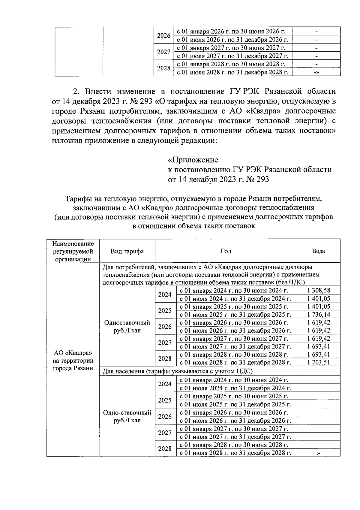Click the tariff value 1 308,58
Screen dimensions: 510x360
coord(319,290)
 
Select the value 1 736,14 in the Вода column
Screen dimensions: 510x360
coord(319,314)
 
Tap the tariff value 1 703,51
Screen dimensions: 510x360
coord(319,362)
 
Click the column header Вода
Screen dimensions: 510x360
coord(319,251)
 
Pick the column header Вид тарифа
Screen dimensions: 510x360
coord(127,251)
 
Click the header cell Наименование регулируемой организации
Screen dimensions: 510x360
coord(73,251)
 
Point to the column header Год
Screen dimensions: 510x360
coord(226,251)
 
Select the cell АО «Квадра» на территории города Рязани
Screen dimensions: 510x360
coord(73,360)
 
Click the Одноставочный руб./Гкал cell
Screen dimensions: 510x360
coord(127,326)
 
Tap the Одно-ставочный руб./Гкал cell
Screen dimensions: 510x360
coord(127,416)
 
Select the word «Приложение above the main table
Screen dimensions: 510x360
coord(193,160)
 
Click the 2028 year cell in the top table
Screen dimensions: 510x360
coord(164,68)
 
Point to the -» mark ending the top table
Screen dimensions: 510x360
coord(316,72)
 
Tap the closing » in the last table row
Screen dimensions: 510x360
coord(318,453)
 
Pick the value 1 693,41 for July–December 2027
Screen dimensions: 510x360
coord(319,346)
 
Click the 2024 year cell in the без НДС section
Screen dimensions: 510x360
coord(165,294)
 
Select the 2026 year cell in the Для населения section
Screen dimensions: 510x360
coord(165,416)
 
